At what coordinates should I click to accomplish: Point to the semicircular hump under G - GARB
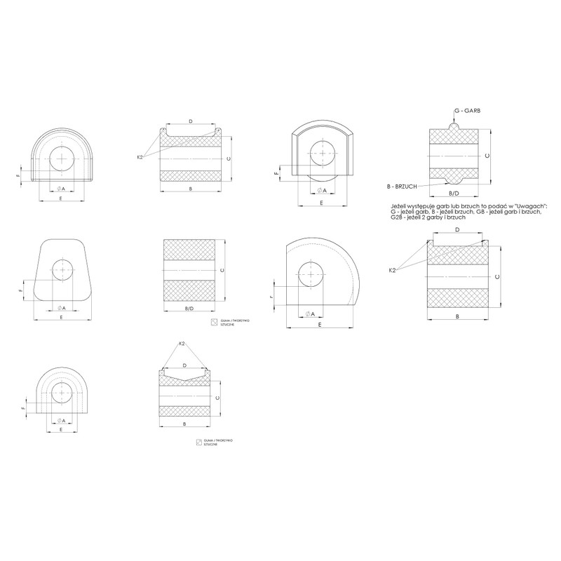click(x=454, y=128)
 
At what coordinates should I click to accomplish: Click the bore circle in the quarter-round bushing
click(x=309, y=274)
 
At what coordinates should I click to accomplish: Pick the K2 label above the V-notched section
click(x=182, y=343)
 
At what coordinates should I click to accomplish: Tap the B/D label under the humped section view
click(x=454, y=193)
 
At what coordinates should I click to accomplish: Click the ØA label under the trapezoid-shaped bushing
click(x=61, y=307)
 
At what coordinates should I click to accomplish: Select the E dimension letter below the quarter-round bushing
click(x=319, y=325)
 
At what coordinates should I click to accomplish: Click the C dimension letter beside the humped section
click(x=487, y=155)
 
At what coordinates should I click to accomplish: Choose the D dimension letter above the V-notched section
click(x=184, y=365)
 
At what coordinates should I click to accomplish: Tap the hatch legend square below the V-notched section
click(x=199, y=442)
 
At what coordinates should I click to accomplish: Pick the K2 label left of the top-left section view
click(x=140, y=157)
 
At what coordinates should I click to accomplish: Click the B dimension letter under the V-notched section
click(x=184, y=425)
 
